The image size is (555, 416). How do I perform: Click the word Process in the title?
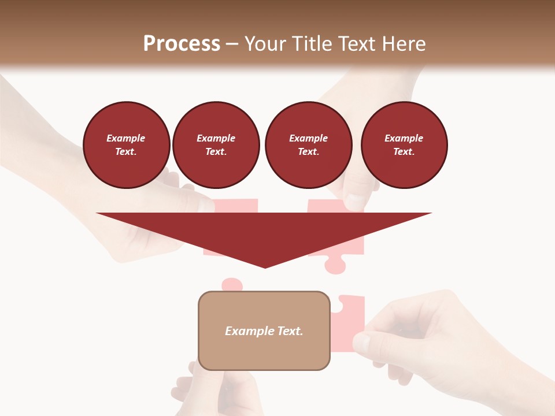pos(182,44)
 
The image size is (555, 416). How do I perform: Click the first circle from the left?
pos(127,145)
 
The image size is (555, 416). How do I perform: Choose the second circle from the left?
pos(216,145)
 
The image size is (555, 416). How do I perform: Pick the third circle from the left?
pos(308,145)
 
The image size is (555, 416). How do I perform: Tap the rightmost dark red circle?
pos(404,145)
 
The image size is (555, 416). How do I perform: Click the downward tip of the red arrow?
pos(265,266)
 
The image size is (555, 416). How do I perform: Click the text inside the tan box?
pos(264,331)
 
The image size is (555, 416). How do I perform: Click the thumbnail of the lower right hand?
pos(361,342)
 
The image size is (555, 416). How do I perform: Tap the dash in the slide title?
pos(232,44)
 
